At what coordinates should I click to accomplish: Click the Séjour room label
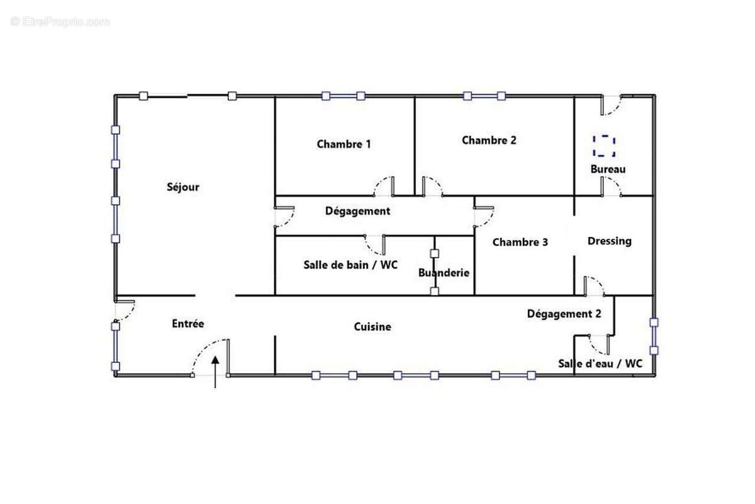point(182,187)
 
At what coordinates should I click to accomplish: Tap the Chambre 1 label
point(344,144)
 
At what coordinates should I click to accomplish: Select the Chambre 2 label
point(489,140)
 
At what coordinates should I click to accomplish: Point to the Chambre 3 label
point(520,242)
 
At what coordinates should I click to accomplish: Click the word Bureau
point(608,169)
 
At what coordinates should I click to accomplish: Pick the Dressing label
point(609,241)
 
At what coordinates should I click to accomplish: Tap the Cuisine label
point(372,327)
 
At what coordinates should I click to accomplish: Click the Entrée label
point(188,324)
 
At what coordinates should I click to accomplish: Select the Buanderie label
point(444,273)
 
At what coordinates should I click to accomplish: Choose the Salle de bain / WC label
point(350,265)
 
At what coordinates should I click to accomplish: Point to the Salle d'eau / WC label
point(600,364)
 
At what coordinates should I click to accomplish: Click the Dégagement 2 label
point(564,314)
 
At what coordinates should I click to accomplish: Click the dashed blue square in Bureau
point(604,146)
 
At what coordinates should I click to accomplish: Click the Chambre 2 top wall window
point(484,96)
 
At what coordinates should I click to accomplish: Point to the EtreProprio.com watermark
point(60,22)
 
